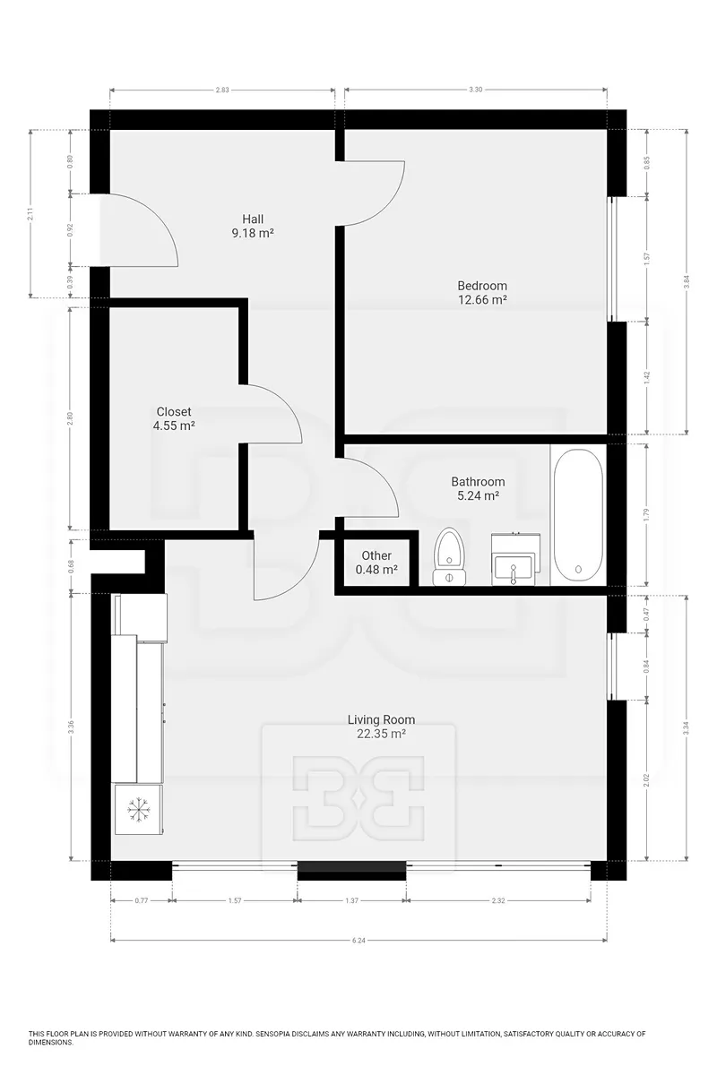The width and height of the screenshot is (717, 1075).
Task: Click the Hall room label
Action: click(253, 226)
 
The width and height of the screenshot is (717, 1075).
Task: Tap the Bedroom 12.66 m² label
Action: click(482, 293)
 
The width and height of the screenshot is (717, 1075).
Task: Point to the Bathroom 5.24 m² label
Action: click(478, 488)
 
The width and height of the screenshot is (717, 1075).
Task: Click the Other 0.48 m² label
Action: click(376, 563)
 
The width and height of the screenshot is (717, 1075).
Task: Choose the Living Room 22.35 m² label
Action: click(381, 727)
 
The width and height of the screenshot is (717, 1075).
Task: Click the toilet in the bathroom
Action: click(450, 556)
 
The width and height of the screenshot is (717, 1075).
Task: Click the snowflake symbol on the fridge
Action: click(138, 810)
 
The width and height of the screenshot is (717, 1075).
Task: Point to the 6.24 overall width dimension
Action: click(358, 940)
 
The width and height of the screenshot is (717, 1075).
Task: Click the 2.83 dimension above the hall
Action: click(222, 90)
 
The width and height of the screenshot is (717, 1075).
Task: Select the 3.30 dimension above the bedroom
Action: click(475, 90)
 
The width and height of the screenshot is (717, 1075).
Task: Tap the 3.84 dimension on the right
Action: click(687, 281)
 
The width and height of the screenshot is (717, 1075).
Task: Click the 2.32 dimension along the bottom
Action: click(498, 900)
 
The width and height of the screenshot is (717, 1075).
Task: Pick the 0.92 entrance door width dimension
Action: click(71, 230)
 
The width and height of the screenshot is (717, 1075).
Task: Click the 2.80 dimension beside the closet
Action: click(71, 418)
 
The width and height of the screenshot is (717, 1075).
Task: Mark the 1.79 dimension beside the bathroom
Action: click(646, 514)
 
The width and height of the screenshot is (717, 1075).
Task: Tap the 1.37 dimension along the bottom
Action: click(352, 900)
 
